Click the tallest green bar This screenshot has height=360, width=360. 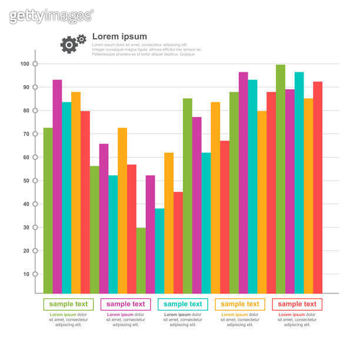[x=281, y=179]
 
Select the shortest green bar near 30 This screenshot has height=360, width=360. [x=141, y=260]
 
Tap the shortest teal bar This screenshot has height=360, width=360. [x=159, y=251]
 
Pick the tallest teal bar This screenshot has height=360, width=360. [x=299, y=182]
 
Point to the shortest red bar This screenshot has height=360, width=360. [x=178, y=242]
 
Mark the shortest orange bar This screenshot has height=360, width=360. [x=169, y=223]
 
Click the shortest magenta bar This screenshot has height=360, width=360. [x=150, y=234]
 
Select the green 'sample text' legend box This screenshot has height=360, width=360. [x=68, y=304]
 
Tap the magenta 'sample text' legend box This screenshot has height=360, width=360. [x=125, y=304]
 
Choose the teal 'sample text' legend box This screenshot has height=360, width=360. [x=182, y=304]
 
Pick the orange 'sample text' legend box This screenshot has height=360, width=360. [x=239, y=304]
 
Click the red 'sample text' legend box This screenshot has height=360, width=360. [x=296, y=304]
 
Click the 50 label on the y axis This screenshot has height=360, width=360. [x=25, y=181]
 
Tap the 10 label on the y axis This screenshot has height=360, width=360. [x=25, y=274]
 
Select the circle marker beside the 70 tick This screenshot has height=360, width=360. [x=35, y=134]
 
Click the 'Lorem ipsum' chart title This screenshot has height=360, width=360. [x=119, y=36]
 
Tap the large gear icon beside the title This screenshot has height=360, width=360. [x=69, y=45]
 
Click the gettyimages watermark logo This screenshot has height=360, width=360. [x=51, y=15]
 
